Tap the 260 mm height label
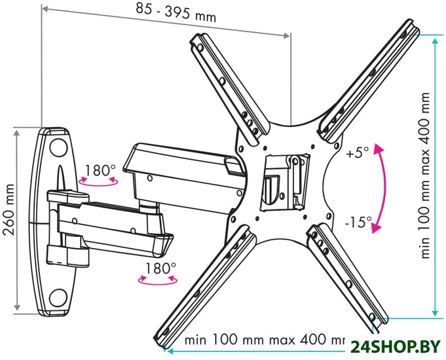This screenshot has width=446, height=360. pos(9,210)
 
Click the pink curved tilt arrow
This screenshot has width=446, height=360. pos(382,188)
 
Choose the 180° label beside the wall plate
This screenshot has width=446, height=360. pos(100,170)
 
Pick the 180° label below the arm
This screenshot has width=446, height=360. pos(160,268)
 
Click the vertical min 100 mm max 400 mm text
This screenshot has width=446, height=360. pos(425,175)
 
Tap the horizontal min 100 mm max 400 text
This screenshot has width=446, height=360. pos(264,339)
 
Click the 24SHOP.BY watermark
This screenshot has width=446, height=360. pos(395,347)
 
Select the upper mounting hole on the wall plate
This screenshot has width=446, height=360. pos(58,145)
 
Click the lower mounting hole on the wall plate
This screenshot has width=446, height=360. pos(58,298)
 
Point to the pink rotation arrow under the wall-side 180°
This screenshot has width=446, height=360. pos(98,182)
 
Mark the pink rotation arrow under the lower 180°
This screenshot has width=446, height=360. pos(158,279)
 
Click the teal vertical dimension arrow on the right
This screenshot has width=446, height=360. pos(435,177)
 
